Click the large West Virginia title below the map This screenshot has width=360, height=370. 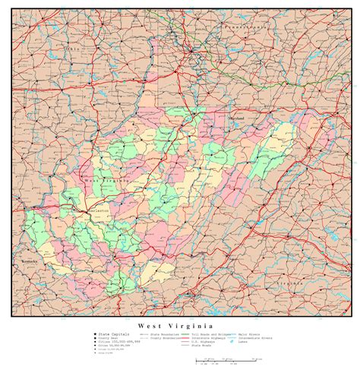pos(179,324)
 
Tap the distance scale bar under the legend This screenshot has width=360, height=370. pos(228,360)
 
